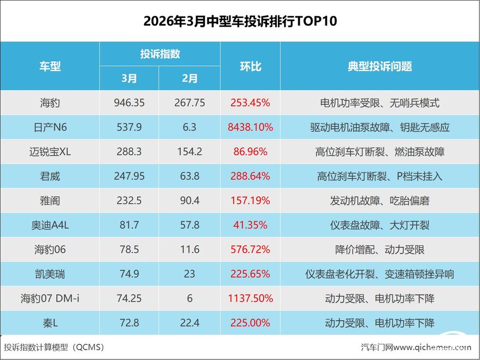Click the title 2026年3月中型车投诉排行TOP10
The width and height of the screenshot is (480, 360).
click(240, 21)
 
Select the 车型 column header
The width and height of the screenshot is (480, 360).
click(50, 67)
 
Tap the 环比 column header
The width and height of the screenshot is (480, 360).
click(251, 67)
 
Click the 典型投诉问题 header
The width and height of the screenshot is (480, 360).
click(380, 67)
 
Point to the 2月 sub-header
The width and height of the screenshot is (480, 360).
click(189, 79)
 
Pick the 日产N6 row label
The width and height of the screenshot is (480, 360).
click(50, 127)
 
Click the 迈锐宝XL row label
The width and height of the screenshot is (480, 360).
click(50, 152)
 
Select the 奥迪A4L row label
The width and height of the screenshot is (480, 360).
click(50, 225)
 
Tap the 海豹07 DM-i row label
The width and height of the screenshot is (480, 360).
click(50, 298)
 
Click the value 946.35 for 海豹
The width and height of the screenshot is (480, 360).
click(129, 103)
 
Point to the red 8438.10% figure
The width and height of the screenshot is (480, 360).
click(251, 127)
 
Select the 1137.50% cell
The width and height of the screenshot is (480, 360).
click(251, 298)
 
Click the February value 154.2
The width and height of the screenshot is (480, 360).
click(189, 152)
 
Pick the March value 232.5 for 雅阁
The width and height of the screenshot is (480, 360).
click(129, 200)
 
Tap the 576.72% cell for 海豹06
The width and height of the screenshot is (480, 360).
click(251, 250)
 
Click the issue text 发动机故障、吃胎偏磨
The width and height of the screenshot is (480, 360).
click(380, 200)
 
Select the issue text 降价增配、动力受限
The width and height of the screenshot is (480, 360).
click(380, 250)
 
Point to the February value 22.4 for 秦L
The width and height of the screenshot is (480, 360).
click(189, 323)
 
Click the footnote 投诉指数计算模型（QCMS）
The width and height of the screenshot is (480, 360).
click(54, 347)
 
